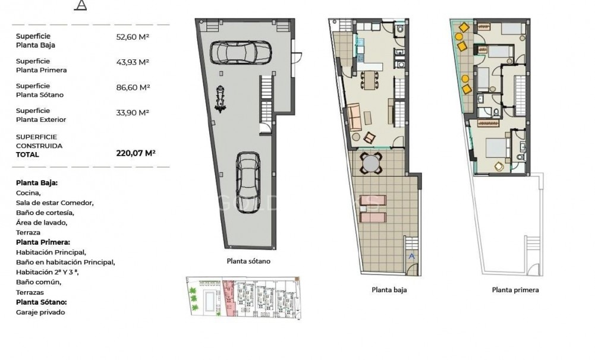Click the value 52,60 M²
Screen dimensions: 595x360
[x=133, y=37]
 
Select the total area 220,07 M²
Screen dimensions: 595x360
[x=136, y=153]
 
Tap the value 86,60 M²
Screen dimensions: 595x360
[x=133, y=88]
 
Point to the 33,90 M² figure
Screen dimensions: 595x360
[x=133, y=113]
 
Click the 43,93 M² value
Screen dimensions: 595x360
[x=133, y=62]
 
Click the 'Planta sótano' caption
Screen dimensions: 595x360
[x=248, y=261]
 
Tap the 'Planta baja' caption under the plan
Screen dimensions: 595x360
[x=389, y=290]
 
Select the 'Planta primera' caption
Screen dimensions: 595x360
[x=515, y=290]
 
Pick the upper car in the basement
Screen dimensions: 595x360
[x=241, y=52]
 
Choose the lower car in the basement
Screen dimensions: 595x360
[x=248, y=182]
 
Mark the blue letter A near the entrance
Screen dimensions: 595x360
[x=412, y=256]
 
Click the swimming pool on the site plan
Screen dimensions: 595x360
[x=208, y=300]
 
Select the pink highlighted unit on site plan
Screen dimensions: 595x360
[x=228, y=298]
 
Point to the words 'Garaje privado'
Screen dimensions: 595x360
[x=40, y=312]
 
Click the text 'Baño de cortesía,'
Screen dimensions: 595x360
[x=45, y=213]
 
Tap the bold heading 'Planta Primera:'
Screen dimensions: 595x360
[x=43, y=242]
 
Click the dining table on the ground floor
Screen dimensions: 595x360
[x=368, y=80]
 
